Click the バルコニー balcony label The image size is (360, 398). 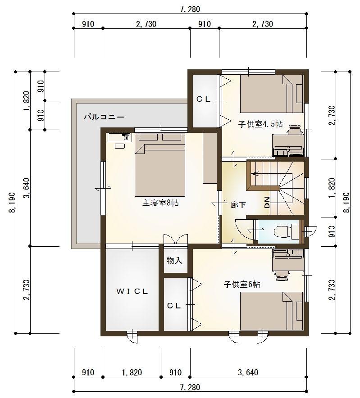pyautogui.click(x=103, y=117)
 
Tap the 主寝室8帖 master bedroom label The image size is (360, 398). pyautogui.click(x=160, y=203)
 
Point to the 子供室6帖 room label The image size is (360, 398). pyautogui.click(x=242, y=284)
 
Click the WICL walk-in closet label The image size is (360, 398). pyautogui.click(x=132, y=291)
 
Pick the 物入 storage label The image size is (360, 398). pyautogui.click(x=174, y=261)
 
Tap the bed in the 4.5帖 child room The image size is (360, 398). pyautogui.click(x=270, y=94)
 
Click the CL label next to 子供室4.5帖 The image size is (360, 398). pyautogui.click(x=203, y=100)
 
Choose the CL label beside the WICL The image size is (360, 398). pyautogui.click(x=174, y=305)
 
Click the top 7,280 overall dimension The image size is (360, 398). pyautogui.click(x=189, y=8)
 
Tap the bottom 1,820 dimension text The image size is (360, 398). pyautogui.click(x=132, y=372)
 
